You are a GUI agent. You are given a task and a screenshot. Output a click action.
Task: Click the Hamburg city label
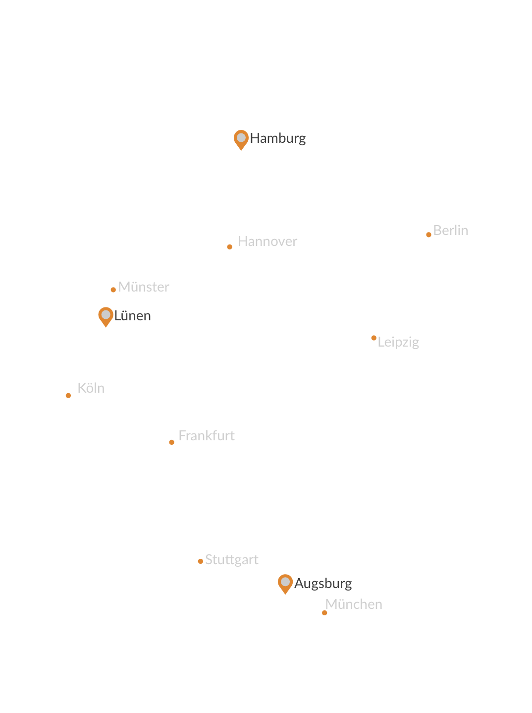click(277, 138)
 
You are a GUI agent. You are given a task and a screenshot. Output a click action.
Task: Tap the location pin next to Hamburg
click(241, 138)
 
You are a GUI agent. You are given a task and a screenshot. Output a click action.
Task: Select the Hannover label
click(267, 241)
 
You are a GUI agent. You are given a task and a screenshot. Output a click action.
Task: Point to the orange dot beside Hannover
click(229, 247)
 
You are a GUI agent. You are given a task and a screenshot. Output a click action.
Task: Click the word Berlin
click(450, 231)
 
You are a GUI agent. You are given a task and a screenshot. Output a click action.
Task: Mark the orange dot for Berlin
click(428, 235)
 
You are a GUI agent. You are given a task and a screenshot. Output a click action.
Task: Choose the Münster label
click(144, 287)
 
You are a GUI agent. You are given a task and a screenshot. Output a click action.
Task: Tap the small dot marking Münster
click(113, 290)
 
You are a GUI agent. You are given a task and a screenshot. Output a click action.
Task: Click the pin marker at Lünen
click(106, 315)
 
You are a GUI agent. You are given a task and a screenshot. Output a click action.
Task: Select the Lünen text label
click(132, 316)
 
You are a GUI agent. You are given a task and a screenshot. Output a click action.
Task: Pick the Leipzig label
click(398, 342)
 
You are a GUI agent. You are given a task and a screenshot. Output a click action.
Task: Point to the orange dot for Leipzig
click(373, 338)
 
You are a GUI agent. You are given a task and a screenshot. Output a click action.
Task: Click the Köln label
click(91, 388)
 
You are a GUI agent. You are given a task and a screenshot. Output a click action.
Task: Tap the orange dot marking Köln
click(68, 396)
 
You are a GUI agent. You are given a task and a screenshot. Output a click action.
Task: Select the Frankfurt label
click(207, 436)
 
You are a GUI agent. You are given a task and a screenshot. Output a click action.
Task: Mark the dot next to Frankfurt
click(171, 442)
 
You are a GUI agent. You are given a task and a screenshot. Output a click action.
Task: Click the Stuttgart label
click(232, 560)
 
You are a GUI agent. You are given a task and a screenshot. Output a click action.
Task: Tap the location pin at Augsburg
click(285, 583)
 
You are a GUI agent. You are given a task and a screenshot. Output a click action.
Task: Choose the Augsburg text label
click(323, 584)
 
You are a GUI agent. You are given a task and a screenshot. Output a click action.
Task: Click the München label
click(353, 604)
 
